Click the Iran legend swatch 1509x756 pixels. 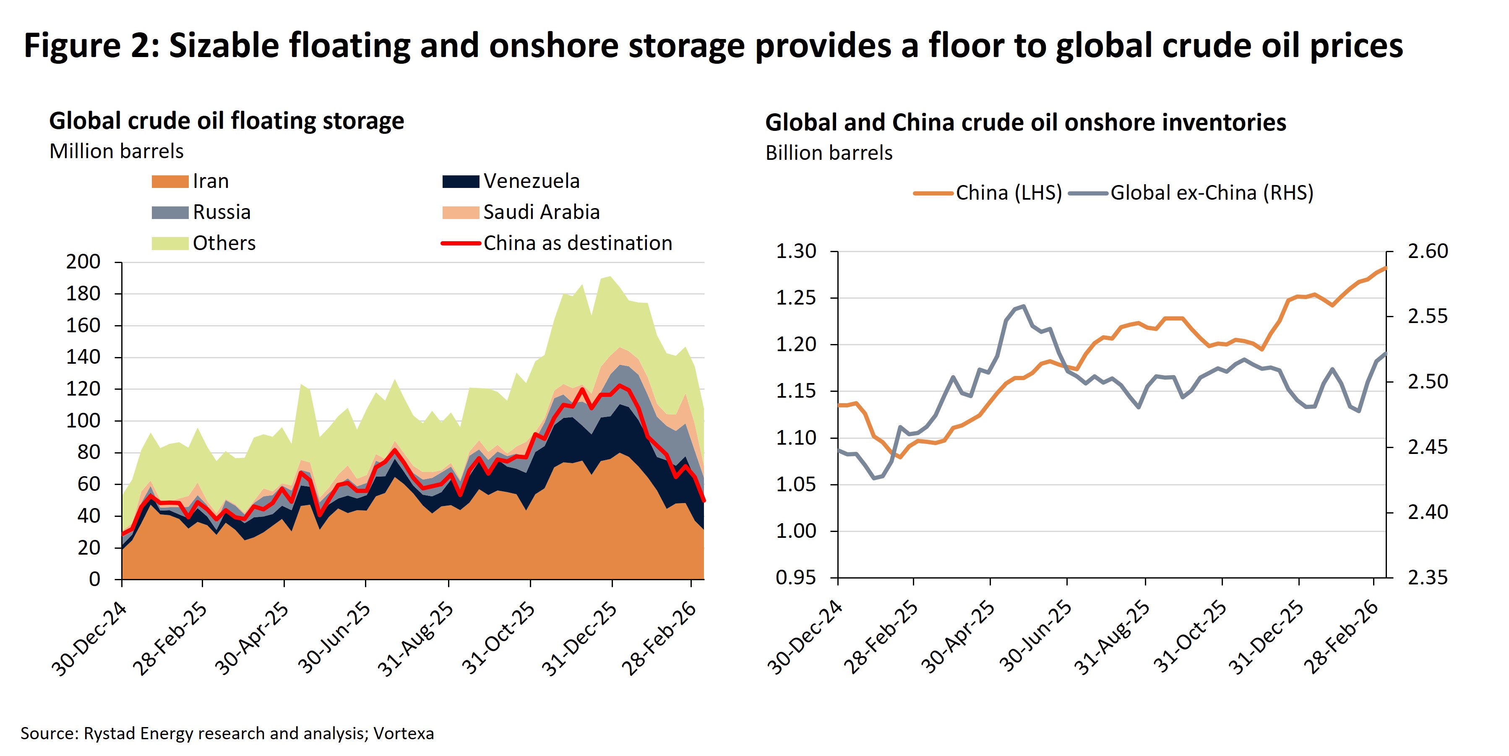[x=169, y=182]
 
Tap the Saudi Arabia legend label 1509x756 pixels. [x=541, y=212]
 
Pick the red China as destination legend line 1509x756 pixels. [x=461, y=243]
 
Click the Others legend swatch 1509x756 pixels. [x=169, y=243]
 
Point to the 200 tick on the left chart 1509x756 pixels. [x=83, y=262]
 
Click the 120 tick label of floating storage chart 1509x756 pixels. [x=83, y=389]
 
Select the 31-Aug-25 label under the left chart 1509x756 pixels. [x=415, y=639]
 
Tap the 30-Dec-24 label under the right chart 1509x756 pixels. [x=804, y=638]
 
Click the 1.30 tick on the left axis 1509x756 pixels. [x=795, y=251]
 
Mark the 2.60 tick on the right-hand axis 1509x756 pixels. [x=1428, y=251]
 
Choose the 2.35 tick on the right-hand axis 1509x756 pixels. [x=1428, y=578]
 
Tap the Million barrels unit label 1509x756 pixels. [x=116, y=151]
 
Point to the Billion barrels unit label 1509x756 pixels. [x=828, y=153]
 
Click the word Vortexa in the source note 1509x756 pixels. [x=404, y=733]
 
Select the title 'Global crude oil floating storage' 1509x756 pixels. [x=226, y=121]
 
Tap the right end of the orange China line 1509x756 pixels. [x=1385, y=268]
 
